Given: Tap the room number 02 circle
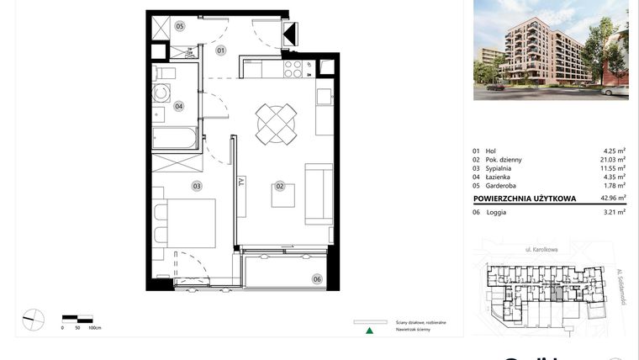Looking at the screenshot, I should (280, 185).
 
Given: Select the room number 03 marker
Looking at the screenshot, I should (197, 186).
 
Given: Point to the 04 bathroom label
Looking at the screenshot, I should (179, 106).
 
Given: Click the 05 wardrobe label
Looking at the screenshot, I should (180, 27).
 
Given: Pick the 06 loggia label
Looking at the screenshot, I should (317, 278).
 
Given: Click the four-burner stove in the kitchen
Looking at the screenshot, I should (294, 67).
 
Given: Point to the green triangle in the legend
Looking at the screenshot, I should (368, 330).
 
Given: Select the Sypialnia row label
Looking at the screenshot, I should (502, 168).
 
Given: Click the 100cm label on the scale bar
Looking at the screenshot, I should (94, 327).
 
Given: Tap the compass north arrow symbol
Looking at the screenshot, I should (33, 320).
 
